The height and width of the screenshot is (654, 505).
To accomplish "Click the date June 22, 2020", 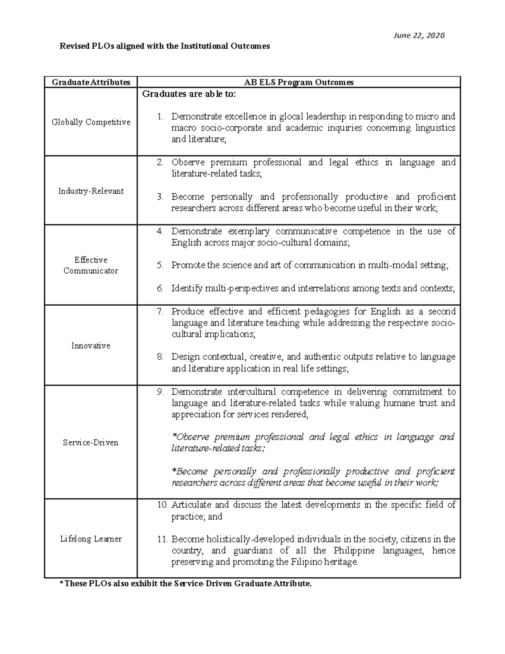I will click(419, 36).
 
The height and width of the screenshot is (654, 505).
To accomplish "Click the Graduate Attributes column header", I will click(91, 82).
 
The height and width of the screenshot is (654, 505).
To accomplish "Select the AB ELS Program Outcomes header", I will click(299, 82).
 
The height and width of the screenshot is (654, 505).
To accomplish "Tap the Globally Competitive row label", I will click(91, 122).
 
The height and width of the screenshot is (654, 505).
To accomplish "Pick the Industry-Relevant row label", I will click(91, 191).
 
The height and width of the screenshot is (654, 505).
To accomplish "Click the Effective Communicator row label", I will click(91, 265).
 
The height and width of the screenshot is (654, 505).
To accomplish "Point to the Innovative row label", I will click(91, 346).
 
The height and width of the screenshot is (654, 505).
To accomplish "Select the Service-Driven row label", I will click(91, 443).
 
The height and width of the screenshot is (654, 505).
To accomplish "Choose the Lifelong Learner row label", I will click(91, 539).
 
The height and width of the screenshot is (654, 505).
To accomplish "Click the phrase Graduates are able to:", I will click(189, 94).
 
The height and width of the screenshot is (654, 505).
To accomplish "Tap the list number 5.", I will click(159, 265).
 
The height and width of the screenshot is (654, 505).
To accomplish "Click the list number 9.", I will click(159, 392).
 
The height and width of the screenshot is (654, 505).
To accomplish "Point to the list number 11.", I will click(162, 539).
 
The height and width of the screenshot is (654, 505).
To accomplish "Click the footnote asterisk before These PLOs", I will click(61, 584).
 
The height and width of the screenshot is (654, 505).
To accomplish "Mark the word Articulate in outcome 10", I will click(191, 505).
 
